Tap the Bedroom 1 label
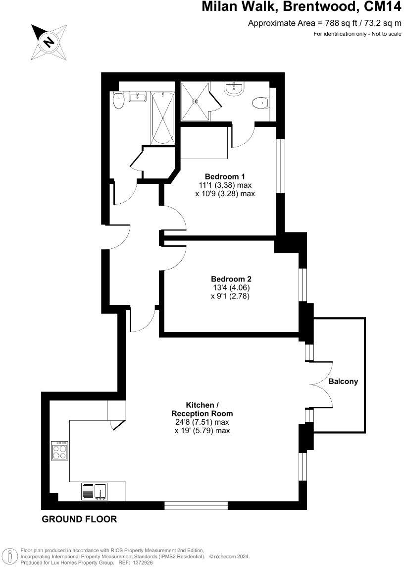(225, 176)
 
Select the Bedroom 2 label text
(231, 279)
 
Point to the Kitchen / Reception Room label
(202, 409)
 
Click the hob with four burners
(59, 451)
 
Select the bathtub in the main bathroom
(162, 117)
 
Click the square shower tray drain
(195, 101)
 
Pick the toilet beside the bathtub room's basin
(118, 101)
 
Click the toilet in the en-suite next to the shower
(259, 103)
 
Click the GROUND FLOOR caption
(79, 519)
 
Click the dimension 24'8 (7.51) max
(202, 422)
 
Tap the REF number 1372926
(143, 563)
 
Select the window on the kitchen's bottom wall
(196, 506)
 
